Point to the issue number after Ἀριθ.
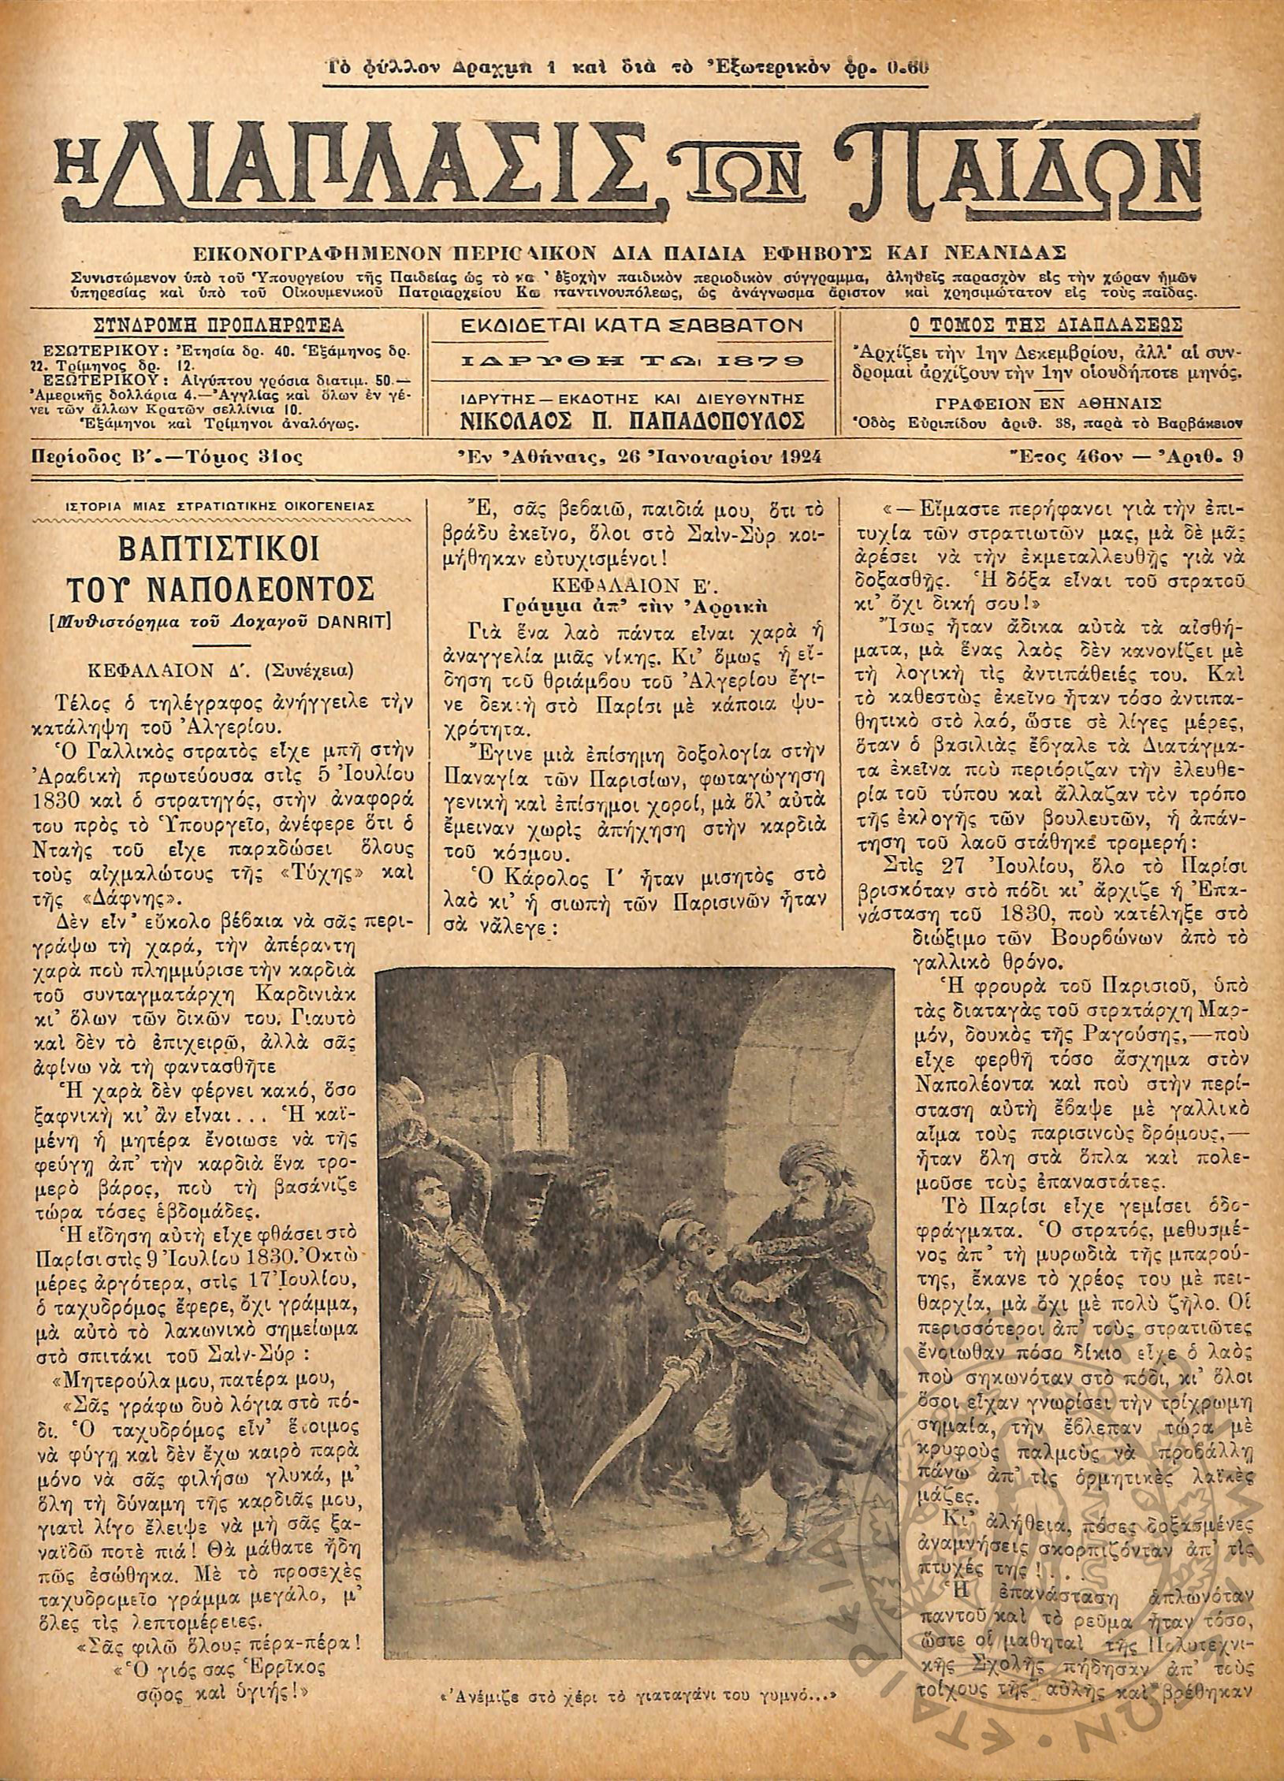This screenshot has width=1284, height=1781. (1239, 457)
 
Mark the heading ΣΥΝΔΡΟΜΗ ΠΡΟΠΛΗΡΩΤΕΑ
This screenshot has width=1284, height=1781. (218, 325)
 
